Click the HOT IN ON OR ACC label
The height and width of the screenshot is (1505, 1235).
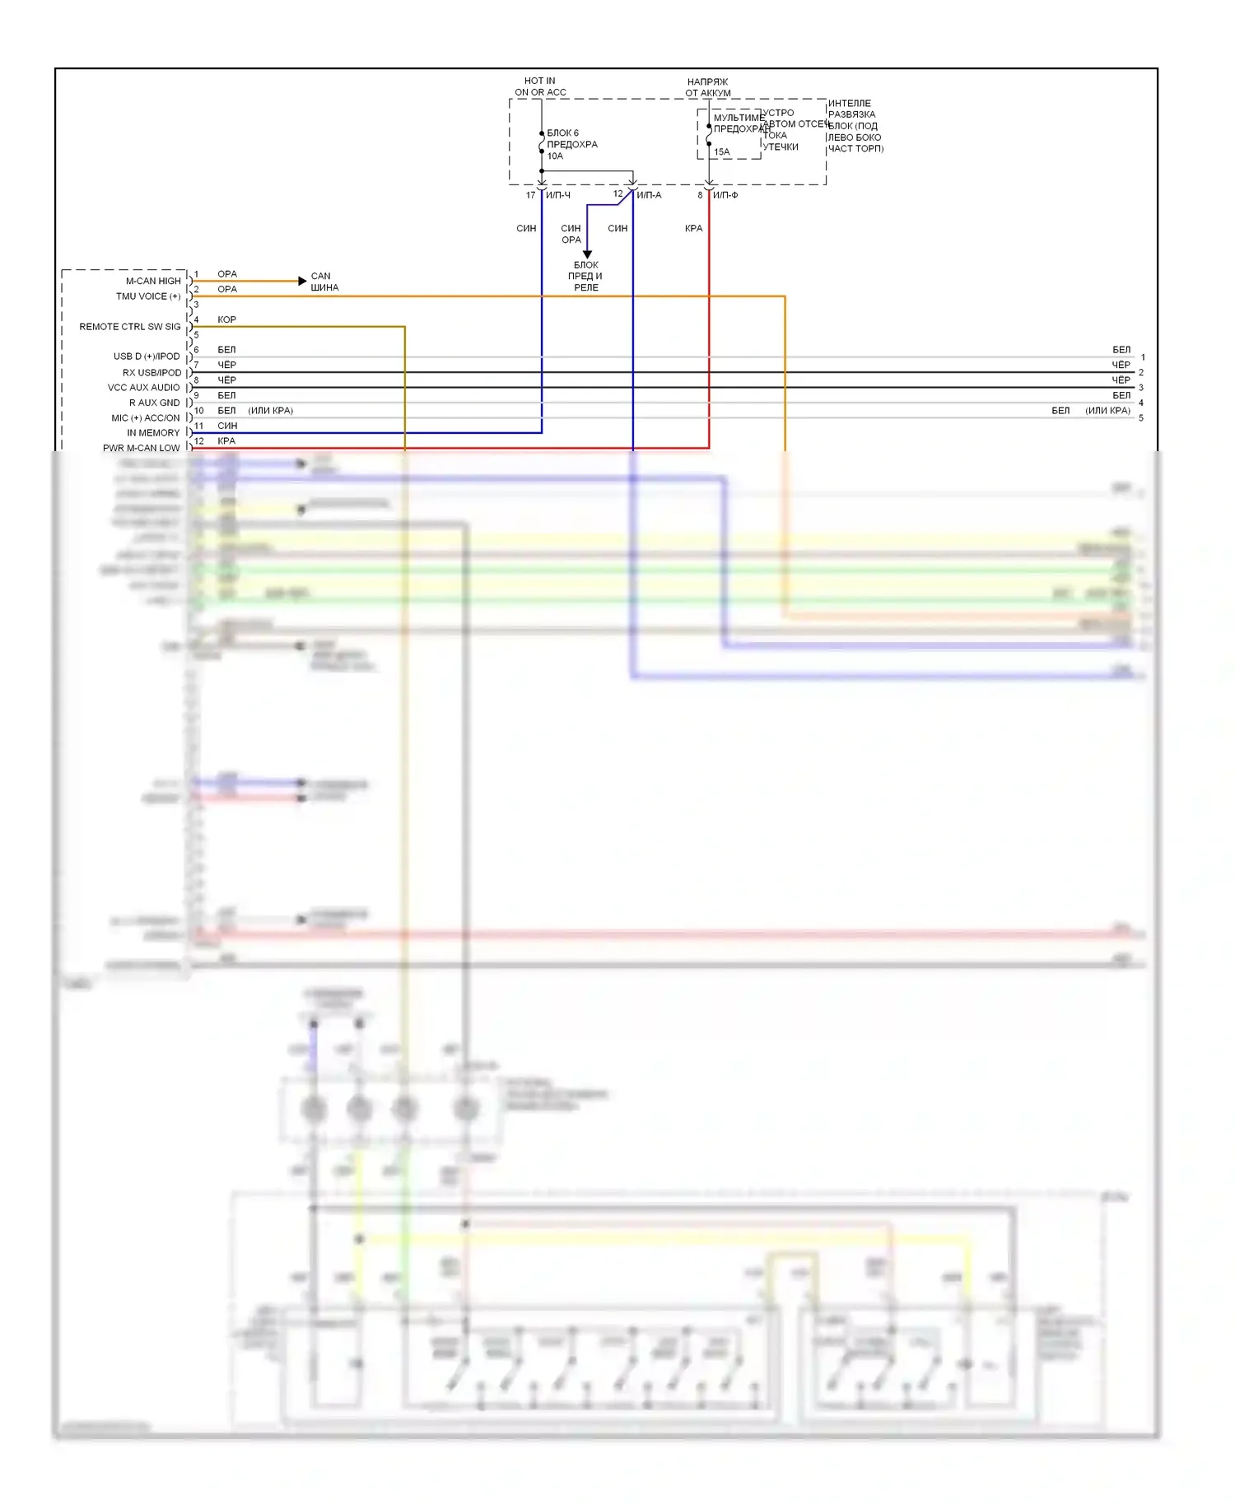coord(540,86)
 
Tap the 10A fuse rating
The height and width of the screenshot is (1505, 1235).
coord(555,156)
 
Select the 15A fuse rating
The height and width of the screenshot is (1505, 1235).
coord(721,151)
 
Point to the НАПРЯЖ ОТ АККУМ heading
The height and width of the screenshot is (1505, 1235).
coord(707,87)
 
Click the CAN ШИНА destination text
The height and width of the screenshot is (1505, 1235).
coord(324,282)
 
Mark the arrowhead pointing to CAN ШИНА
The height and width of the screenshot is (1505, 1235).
coord(302,281)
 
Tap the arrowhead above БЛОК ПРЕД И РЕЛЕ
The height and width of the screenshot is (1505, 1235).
coord(587,254)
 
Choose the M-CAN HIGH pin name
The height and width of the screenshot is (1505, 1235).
coord(153,281)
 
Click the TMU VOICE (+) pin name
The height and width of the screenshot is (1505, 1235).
coord(148,296)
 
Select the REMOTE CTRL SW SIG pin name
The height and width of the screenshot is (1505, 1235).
coord(130,327)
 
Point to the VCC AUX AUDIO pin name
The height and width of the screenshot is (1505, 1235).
coord(144,387)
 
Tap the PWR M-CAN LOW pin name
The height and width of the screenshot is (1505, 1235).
coord(142,448)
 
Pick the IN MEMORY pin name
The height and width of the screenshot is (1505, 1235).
coord(153,432)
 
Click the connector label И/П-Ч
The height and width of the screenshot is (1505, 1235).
coord(558,195)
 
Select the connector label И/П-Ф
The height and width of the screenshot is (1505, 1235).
coord(725,195)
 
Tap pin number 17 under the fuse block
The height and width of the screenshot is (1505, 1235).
coord(530,195)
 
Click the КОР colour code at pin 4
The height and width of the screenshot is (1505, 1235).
coord(226,319)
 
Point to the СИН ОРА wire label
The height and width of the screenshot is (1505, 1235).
coord(571,234)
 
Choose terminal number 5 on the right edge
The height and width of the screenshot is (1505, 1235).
coord(1141,418)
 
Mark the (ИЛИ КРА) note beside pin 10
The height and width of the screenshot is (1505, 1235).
coord(270,411)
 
